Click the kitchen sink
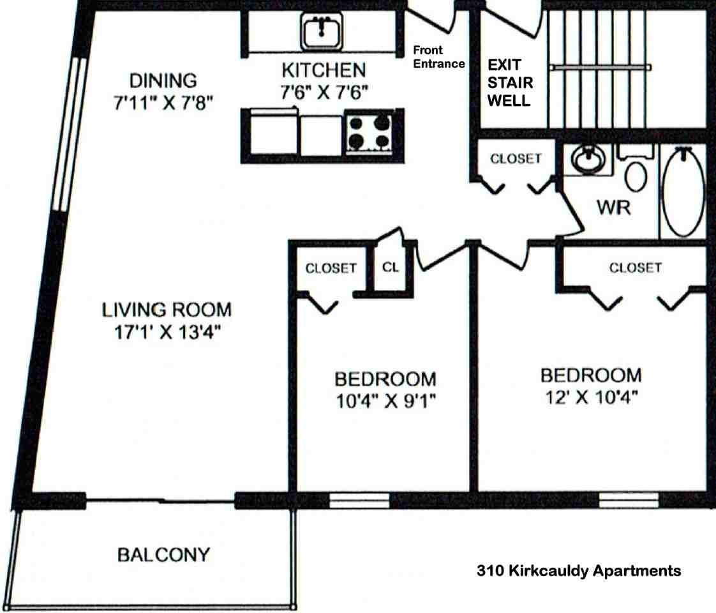[x=322, y=31]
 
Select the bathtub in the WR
[x=683, y=192]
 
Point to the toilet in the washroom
[x=636, y=169]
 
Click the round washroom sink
[x=588, y=159]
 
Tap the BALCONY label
[x=163, y=555]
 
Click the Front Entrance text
[x=439, y=57]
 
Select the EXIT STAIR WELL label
[x=510, y=82]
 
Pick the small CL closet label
[x=391, y=267]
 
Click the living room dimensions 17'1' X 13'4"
[x=167, y=332]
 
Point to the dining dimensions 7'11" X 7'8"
[x=163, y=103]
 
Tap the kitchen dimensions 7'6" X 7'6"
[x=324, y=93]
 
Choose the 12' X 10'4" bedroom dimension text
[x=592, y=397]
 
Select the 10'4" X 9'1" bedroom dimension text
[x=386, y=401]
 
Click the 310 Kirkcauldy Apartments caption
[x=579, y=571]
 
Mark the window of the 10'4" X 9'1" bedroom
[x=359, y=501]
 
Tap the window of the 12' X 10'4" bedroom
[x=629, y=501]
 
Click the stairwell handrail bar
[x=600, y=68]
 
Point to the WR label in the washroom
[x=614, y=208]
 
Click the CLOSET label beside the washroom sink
[x=516, y=158]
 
